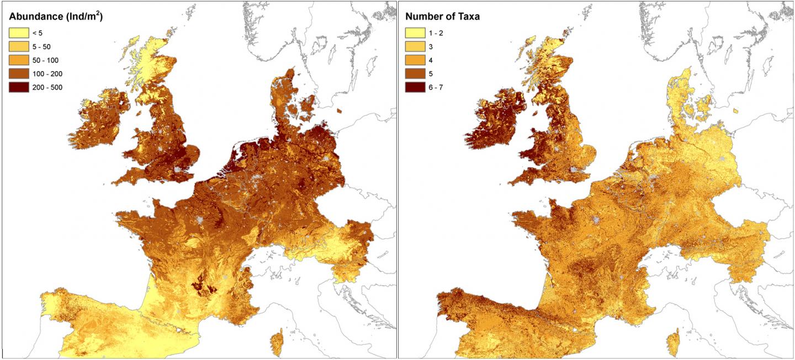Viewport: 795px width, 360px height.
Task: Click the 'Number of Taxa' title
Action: click(x=442, y=17)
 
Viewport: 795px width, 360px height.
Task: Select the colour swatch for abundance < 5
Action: click(x=18, y=33)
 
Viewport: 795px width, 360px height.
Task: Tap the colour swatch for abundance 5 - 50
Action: click(x=18, y=46)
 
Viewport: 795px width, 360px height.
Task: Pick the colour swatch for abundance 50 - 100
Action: click(x=18, y=60)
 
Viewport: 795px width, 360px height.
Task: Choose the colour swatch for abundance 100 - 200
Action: click(x=18, y=73)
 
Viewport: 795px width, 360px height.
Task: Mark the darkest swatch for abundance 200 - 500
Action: click(x=18, y=87)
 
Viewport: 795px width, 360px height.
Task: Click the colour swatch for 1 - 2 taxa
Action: click(x=415, y=33)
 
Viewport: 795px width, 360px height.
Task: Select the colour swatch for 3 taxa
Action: click(x=415, y=46)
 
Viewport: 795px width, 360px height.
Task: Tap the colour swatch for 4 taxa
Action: click(x=415, y=60)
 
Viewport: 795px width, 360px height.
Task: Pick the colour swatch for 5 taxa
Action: click(x=415, y=73)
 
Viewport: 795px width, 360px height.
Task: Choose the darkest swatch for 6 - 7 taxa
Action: click(x=415, y=87)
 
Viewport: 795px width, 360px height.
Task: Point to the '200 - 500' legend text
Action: click(x=49, y=87)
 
